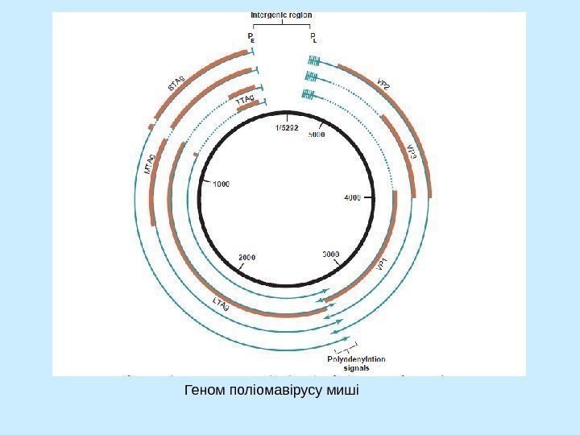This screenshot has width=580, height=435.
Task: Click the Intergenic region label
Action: coord(282,14)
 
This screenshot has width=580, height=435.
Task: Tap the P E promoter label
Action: coord(252,37)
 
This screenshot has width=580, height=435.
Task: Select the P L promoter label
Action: coord(314,37)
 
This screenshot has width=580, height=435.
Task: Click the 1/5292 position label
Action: coord(287,126)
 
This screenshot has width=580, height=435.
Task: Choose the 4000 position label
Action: coord(353,197)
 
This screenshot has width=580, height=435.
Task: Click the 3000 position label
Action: coord(331,254)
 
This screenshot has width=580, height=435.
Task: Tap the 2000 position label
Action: coord(247,257)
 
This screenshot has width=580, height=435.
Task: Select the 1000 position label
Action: coord(221,184)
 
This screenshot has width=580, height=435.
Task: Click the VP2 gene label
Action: coord(384,86)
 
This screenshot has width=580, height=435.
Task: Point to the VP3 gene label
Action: coord(411,151)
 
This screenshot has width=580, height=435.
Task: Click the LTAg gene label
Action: coord(221,303)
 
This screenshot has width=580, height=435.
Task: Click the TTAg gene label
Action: coord(245,100)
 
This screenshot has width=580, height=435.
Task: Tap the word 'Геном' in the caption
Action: coord(205,391)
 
